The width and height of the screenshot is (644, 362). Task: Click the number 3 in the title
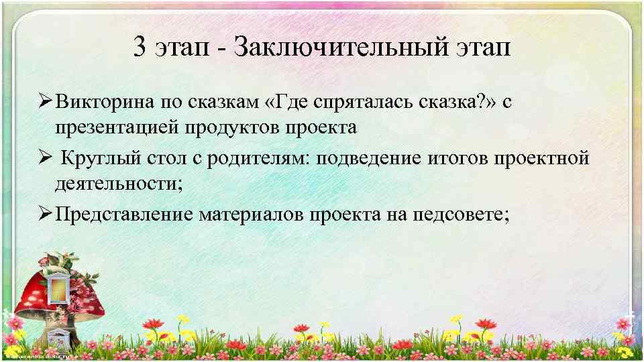(140, 49)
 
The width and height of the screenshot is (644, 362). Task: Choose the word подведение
(364, 159)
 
